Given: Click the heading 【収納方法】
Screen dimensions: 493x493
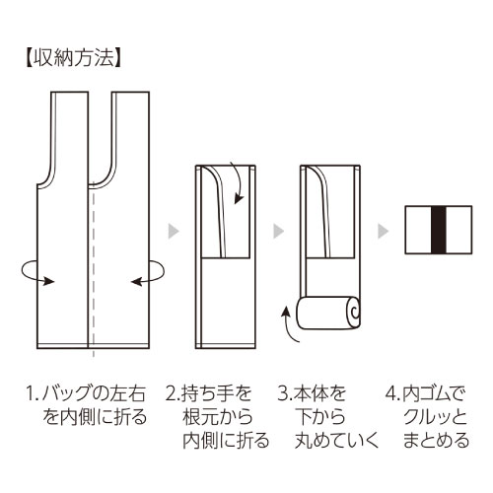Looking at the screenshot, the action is (x=73, y=58).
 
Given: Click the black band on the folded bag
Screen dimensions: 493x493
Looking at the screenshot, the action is (x=438, y=230).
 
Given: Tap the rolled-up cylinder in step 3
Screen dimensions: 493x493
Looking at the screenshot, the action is (x=328, y=313).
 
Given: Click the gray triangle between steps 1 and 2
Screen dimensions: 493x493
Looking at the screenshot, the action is (x=174, y=231).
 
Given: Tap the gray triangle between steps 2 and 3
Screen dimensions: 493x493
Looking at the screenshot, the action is (x=279, y=231).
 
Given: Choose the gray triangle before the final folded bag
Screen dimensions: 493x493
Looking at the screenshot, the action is (x=384, y=231).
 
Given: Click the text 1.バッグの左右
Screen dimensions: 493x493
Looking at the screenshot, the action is (x=86, y=393).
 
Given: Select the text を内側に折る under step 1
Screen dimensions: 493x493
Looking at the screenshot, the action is (x=95, y=417).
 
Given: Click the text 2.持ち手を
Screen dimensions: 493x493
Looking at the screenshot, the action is (x=209, y=393).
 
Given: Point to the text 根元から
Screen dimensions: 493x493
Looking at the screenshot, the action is (x=218, y=417).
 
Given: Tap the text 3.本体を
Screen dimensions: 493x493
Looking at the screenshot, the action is (x=312, y=393).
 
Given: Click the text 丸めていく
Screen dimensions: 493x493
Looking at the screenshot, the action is (x=337, y=441).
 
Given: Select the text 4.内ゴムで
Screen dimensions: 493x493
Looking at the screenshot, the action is (x=426, y=393).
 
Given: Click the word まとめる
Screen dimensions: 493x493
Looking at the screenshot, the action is (x=436, y=441).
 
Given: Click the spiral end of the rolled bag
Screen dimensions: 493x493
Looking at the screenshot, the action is (x=355, y=312).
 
